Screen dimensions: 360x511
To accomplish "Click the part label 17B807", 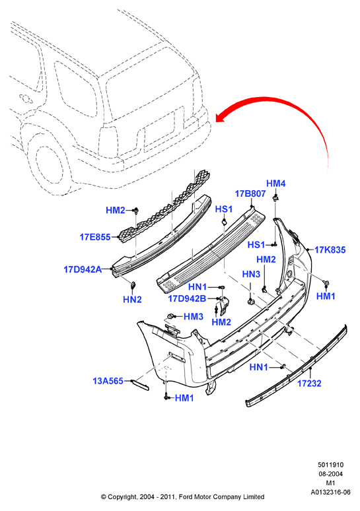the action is coord(250,193).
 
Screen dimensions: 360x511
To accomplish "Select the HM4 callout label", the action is coord(276,184).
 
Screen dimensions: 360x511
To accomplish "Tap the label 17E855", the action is coord(95,237).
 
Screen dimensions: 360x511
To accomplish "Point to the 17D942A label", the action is coord(83,269).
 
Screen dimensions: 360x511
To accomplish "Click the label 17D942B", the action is coord(187,298).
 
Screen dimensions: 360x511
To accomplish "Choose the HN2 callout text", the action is coord(132,299).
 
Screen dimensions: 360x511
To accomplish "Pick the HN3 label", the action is coord(251,274).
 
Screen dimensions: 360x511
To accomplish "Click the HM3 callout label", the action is coord(194,316).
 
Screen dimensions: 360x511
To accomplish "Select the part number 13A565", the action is coord(108,381).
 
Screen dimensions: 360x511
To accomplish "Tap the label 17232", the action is coord(309,383).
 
